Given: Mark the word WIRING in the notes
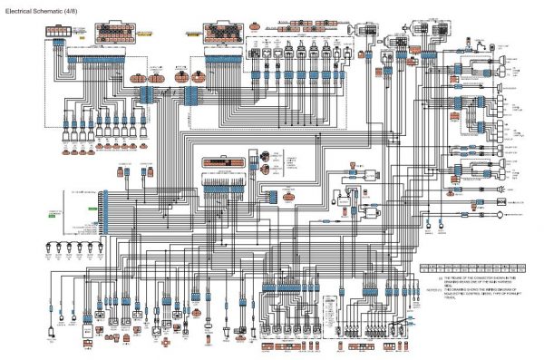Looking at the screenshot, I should tap(494, 289).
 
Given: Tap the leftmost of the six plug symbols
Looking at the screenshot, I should tap(59, 248).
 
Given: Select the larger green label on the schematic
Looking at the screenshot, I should tap(53, 215).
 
